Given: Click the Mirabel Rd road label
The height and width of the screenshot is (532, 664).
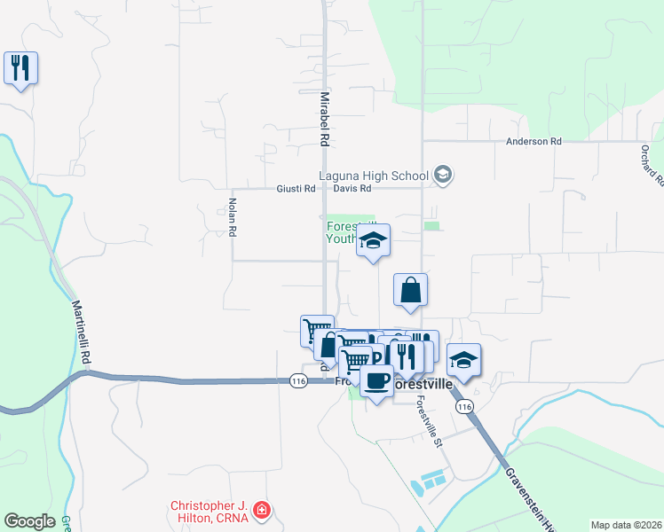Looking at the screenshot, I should [x=325, y=118].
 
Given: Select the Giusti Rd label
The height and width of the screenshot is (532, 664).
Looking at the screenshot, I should [x=296, y=188].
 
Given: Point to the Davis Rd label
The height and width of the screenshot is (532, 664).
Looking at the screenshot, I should [x=352, y=188].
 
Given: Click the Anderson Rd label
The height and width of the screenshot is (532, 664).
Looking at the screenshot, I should [x=534, y=141].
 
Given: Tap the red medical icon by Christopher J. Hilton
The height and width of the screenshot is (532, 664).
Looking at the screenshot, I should [x=261, y=510].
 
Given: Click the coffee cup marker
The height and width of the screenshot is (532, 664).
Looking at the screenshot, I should [x=376, y=381].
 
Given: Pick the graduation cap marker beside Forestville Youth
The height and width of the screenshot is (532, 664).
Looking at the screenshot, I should [x=374, y=240].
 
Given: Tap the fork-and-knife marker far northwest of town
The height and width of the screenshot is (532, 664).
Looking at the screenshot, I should [x=20, y=68].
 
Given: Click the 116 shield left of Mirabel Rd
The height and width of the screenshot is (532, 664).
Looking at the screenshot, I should [x=298, y=380].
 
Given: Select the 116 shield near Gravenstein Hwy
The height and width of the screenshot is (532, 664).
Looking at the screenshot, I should [x=463, y=406].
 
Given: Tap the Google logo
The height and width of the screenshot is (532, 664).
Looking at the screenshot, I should [x=29, y=520].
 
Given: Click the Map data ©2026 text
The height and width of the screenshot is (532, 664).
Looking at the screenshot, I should [x=625, y=524].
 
